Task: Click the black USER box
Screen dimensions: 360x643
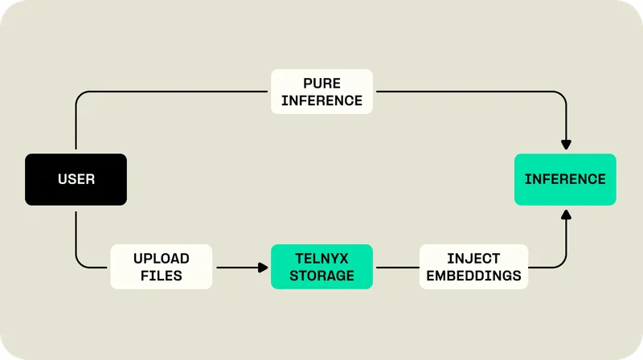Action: (x=76, y=179)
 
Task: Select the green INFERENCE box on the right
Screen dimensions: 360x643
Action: (x=565, y=179)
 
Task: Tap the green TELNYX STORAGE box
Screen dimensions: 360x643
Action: (x=321, y=267)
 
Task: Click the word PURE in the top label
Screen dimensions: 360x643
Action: (x=321, y=84)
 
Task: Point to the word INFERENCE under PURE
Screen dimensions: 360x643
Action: (x=321, y=100)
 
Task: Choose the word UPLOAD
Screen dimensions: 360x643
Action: (x=162, y=259)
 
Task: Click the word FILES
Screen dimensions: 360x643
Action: (x=162, y=276)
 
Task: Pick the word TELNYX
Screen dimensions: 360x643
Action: (x=321, y=259)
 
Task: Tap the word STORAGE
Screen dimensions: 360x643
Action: (x=321, y=276)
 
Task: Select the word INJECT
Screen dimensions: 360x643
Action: (x=474, y=259)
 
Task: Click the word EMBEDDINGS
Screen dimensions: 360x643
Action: (x=474, y=276)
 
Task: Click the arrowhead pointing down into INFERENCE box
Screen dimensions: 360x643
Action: (x=566, y=145)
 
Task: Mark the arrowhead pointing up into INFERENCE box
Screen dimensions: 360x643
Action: (x=566, y=213)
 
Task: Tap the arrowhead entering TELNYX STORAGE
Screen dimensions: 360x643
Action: (x=263, y=267)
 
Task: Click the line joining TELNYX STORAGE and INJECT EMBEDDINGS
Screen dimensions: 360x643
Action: (x=396, y=267)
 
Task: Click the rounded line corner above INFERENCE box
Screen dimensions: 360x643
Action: (x=563, y=95)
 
